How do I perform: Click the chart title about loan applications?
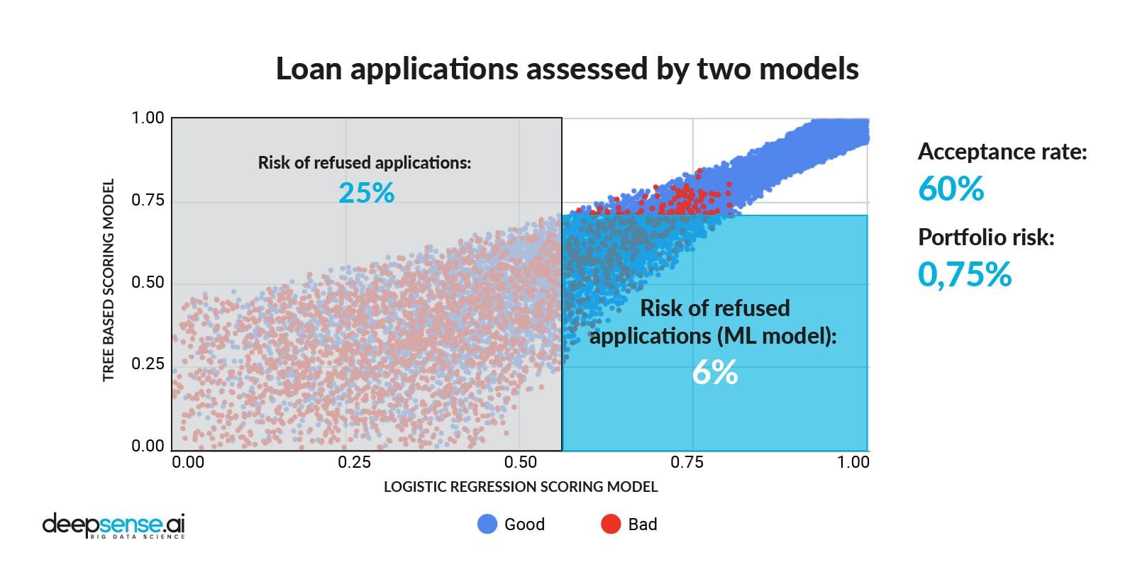pos(567,69)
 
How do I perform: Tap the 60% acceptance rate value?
pos(951,189)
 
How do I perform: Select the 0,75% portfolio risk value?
pos(964,274)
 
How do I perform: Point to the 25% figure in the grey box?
pos(366,193)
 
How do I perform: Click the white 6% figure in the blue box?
pos(715,372)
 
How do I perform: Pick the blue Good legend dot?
pos(487,524)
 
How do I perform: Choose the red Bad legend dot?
pos(611,524)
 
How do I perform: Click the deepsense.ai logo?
pos(113,525)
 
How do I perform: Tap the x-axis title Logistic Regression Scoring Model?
pos(521,487)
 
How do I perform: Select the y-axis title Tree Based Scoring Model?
pos(109,280)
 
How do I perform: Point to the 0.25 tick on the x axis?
pos(354,463)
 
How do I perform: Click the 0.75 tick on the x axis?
pos(687,463)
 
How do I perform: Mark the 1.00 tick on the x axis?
pos(853,463)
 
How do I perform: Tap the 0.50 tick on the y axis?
pos(148,282)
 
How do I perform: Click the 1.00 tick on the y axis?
pos(148,118)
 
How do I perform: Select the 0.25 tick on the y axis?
pos(148,364)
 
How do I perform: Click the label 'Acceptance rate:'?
pos(1002,152)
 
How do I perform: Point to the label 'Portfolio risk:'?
pos(986,237)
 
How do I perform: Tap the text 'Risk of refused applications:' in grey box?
pos(364,163)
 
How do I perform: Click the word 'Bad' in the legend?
pos(643,524)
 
